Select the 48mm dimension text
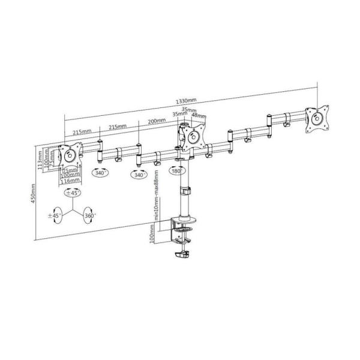click(200, 116)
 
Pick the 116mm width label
click(71, 181)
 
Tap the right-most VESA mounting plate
click(316, 119)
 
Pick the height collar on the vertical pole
click(184, 192)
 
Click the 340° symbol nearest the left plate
click(100, 173)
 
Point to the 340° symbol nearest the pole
click(140, 175)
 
